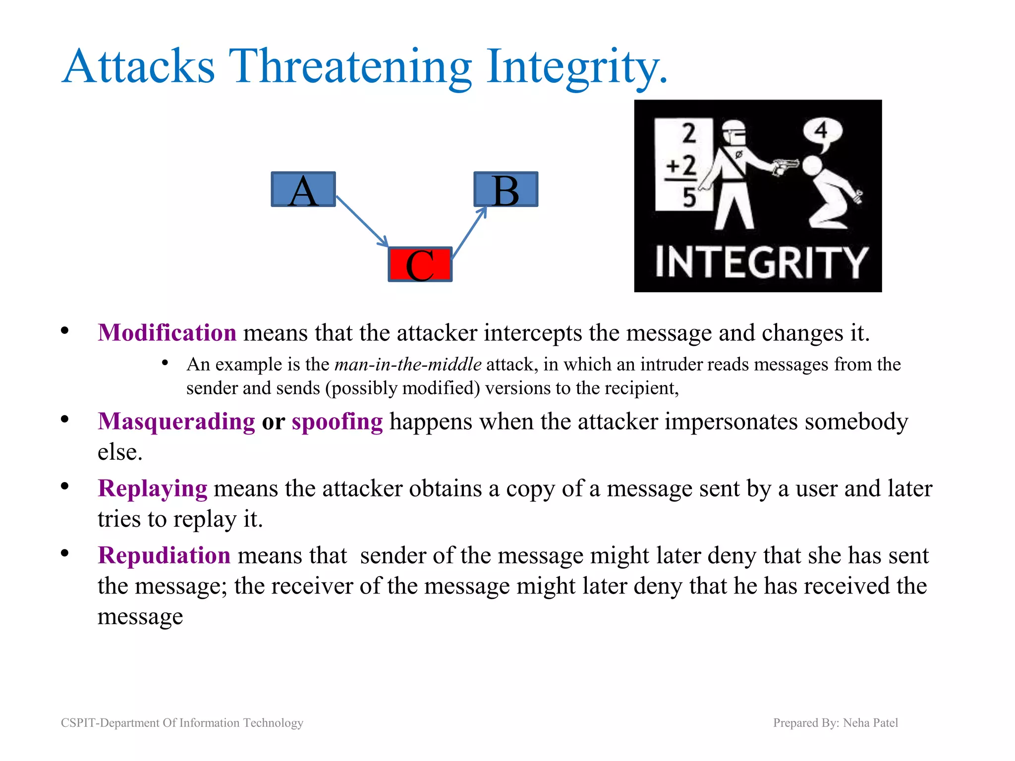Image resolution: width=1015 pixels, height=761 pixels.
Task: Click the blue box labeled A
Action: point(303,189)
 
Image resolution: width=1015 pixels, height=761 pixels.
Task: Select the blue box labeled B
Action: point(506,189)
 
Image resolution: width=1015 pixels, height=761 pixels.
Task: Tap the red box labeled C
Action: point(420,265)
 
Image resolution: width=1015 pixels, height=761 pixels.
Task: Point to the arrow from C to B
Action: point(469,232)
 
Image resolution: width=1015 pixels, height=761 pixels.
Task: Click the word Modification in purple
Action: point(167,332)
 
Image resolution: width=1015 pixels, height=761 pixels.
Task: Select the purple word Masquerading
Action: point(176,422)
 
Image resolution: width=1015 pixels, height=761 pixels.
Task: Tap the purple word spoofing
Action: point(337,422)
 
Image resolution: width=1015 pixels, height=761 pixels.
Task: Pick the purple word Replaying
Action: point(153,489)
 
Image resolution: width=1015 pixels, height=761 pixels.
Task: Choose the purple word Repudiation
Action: point(164,555)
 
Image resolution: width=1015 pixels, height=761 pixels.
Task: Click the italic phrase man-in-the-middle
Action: point(408,365)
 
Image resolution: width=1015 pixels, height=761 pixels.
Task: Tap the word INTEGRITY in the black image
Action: point(761,263)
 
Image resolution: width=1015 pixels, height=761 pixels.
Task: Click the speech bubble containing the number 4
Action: point(822,132)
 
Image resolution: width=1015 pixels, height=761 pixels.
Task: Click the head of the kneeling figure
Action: point(813,166)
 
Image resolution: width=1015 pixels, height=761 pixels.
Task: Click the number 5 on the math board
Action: point(689,197)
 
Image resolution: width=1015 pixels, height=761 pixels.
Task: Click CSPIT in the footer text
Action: point(78,723)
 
